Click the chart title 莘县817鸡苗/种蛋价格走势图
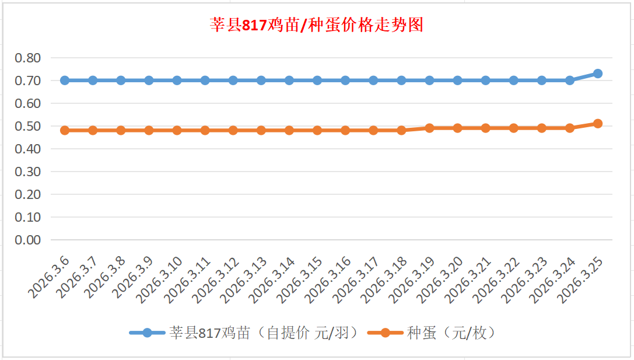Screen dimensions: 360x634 tap(317, 25)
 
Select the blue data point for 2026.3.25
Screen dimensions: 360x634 tap(598, 74)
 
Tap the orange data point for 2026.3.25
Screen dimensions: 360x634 tap(598, 124)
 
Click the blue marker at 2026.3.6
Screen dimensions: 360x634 tap(65, 81)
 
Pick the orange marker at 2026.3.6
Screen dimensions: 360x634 tap(65, 131)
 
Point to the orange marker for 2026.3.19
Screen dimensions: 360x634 tap(429, 128)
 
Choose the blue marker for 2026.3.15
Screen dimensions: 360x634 tap(317, 81)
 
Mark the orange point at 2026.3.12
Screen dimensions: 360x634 tap(233, 131)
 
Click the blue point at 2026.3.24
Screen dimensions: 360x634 tap(570, 81)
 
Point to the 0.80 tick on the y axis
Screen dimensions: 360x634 tap(28, 58)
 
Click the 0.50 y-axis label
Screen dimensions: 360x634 tap(28, 126)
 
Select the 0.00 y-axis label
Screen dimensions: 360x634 tap(28, 240)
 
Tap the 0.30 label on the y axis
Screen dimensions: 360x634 tap(28, 172)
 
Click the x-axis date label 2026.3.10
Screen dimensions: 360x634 tap(160, 280)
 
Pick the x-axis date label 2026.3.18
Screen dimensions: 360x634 tap(384, 280)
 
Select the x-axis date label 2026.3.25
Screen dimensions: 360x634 tap(580, 280)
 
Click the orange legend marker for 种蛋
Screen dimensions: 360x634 tap(385, 333)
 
